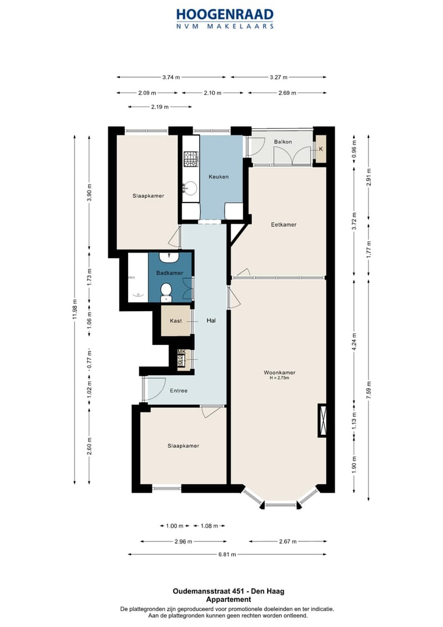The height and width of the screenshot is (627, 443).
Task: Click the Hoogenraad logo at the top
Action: (225, 18)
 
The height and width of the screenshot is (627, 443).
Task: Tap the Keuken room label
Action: (218, 176)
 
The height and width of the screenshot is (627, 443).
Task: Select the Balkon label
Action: (283, 142)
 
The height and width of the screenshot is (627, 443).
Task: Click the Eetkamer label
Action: (284, 224)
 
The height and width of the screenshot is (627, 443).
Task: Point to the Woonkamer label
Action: (279, 372)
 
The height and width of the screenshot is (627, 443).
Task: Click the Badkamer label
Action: (170, 273)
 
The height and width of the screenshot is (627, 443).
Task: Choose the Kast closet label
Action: (176, 321)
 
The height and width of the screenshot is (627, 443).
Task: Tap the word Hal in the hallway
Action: (211, 320)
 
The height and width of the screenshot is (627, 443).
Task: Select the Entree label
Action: (178, 390)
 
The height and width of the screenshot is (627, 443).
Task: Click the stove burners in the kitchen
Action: (191, 159)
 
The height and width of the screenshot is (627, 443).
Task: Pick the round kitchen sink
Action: (191, 188)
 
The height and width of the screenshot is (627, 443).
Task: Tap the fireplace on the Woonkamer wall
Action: (322, 420)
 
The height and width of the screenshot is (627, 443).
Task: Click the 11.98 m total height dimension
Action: (74, 310)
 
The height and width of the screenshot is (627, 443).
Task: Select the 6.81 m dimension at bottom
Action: (227, 554)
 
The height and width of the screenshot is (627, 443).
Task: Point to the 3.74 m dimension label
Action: (171, 77)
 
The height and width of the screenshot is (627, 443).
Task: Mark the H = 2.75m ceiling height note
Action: (279, 378)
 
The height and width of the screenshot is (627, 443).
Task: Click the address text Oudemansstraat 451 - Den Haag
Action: (228, 591)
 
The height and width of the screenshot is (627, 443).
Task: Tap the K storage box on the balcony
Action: (321, 149)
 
